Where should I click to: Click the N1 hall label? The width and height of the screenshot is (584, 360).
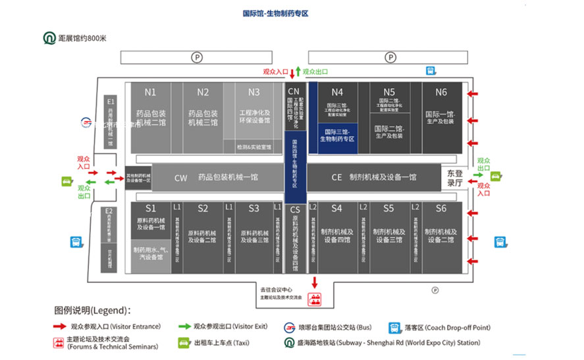(150, 92)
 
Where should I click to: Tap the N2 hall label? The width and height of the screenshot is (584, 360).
(203, 92)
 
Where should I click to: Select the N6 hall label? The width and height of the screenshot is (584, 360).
(440, 92)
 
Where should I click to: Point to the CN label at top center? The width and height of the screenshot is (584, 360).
(294, 91)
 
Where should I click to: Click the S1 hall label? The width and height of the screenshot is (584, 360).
(151, 209)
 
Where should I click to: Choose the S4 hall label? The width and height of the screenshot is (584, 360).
(336, 209)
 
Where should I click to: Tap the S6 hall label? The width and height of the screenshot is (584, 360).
(440, 209)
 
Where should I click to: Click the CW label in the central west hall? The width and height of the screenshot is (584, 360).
(181, 178)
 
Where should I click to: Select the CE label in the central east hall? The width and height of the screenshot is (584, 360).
(336, 177)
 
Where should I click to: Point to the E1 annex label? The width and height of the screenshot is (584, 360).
(111, 101)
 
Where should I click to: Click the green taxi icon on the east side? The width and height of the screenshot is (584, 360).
(495, 176)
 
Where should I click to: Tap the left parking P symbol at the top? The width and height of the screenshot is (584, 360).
(196, 57)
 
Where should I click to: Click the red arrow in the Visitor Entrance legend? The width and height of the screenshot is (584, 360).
(61, 326)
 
